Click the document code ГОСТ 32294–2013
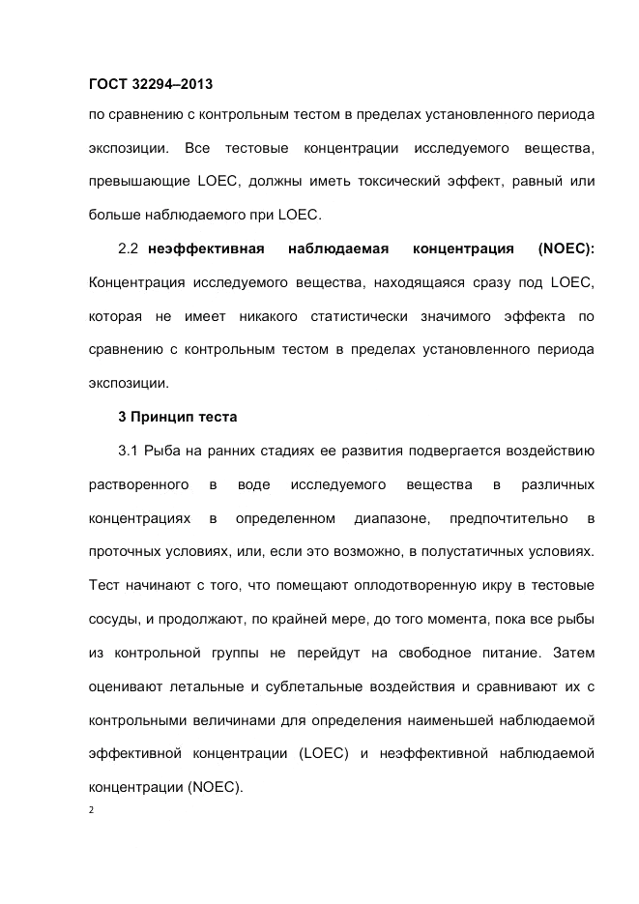pyautogui.click(x=150, y=84)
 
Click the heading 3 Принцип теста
pyautogui.click(x=177, y=417)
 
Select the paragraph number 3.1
pyautogui.click(x=130, y=450)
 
